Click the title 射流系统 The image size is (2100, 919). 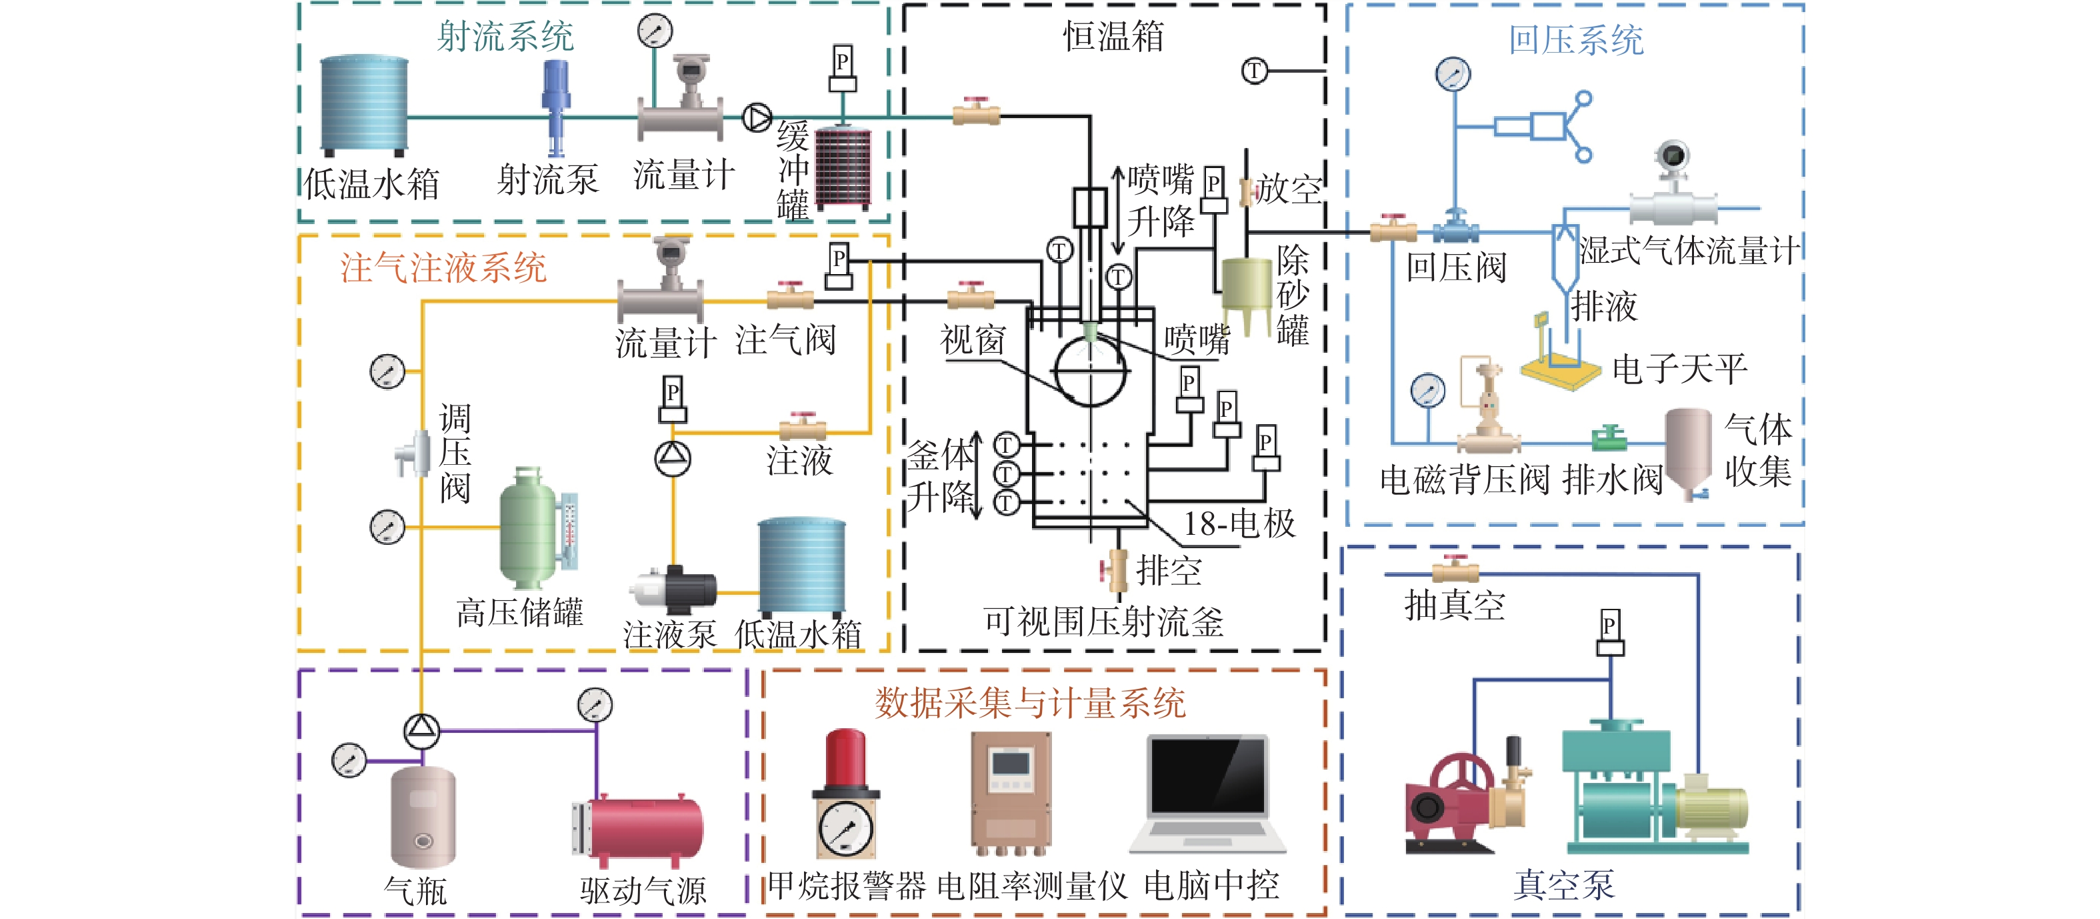pyautogui.click(x=505, y=37)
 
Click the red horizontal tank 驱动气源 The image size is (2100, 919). pyautogui.click(x=644, y=828)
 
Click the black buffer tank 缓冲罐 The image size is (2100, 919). pyautogui.click(x=843, y=167)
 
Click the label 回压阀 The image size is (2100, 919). pyautogui.click(x=1456, y=267)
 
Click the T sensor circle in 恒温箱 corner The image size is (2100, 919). pyautogui.click(x=1255, y=71)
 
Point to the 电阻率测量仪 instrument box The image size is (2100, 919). pyautogui.click(x=1010, y=791)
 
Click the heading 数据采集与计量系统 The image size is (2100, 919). pyautogui.click(x=1031, y=703)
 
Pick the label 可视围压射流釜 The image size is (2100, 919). pyautogui.click(x=1103, y=622)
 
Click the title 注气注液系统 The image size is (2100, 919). pyautogui.click(x=443, y=267)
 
